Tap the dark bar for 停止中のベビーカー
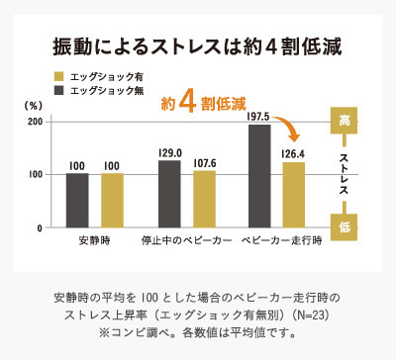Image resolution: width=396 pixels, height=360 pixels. pyautogui.click(x=170, y=193)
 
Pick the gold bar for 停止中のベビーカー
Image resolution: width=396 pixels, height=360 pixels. pyautogui.click(x=204, y=199)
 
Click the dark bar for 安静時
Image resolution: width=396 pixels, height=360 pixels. pyautogui.click(x=77, y=200)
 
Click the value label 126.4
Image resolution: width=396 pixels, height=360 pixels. pyautogui.click(x=294, y=153)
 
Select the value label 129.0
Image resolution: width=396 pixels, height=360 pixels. pyautogui.click(x=170, y=152)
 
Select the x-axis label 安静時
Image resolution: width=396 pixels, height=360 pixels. pyautogui.click(x=94, y=241)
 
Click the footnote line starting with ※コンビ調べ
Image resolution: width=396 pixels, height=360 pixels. pyautogui.click(x=197, y=332)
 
